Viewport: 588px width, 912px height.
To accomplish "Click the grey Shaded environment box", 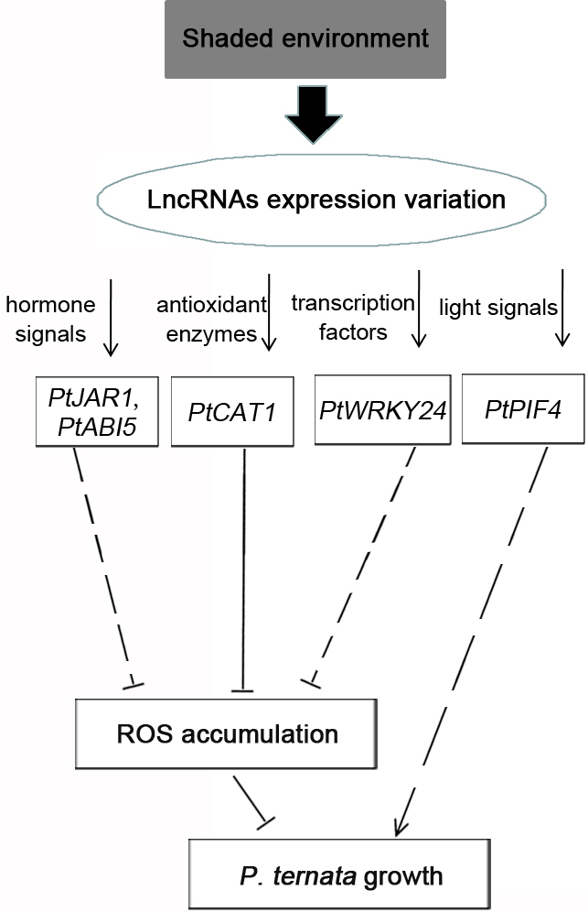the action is coord(305,39).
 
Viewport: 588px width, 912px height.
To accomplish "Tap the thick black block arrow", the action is coord(313,114).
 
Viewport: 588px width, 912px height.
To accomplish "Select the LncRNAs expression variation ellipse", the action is coord(321,200).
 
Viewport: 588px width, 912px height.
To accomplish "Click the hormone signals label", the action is coord(50,320).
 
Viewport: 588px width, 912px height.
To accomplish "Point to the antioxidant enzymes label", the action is coord(211,320).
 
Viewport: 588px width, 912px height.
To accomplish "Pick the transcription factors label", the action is coord(353,318).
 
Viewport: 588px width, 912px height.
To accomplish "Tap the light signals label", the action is coord(498,308).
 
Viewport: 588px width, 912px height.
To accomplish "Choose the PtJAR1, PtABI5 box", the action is coord(97,412).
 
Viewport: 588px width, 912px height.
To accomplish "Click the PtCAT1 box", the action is coord(232,412).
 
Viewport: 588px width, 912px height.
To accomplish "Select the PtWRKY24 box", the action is coord(382,410).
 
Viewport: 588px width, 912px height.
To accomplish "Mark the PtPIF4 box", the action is coord(523,409).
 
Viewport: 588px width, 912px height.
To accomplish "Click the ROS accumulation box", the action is coord(226,734).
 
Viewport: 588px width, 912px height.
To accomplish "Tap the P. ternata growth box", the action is coord(340,874).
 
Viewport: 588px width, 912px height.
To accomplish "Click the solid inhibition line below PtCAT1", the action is coord(243,570).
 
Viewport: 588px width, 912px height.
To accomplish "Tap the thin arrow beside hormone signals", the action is coord(111,318).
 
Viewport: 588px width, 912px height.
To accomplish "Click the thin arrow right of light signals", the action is coord(561,308).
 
